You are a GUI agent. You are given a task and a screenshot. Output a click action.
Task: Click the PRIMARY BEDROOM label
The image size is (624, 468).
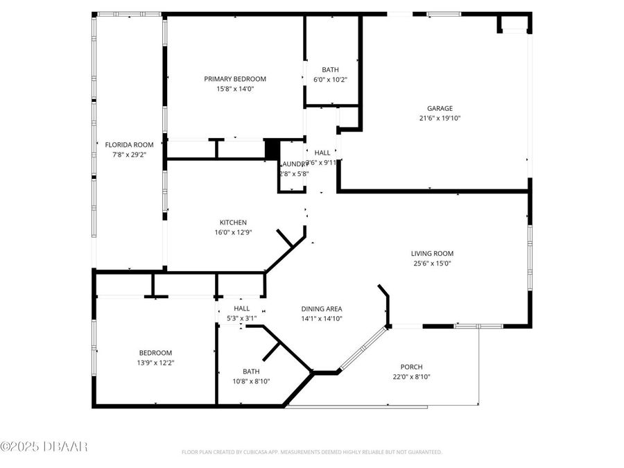235,79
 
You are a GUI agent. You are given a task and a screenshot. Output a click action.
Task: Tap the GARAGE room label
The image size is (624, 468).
440,108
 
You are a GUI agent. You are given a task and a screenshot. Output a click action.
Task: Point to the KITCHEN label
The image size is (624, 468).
233,223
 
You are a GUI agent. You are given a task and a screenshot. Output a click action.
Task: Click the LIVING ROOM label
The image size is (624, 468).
432,254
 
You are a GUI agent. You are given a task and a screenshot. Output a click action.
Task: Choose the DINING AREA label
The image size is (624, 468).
321,309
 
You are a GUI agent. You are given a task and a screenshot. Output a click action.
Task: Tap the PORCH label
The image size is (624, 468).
411,367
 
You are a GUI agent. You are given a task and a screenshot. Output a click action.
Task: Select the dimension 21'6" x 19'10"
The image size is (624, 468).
440,118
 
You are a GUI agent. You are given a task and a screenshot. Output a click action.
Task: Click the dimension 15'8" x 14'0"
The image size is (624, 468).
235,89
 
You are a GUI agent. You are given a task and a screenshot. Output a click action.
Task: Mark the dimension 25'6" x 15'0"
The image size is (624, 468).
432,263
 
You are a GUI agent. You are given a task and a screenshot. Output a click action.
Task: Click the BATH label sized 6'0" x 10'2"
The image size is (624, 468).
330,70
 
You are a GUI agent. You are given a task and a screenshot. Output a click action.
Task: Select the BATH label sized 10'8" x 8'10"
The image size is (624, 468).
251,372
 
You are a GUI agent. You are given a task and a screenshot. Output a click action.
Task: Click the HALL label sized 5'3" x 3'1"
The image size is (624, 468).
241,309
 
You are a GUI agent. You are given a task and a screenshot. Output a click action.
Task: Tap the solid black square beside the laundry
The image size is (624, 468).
272,149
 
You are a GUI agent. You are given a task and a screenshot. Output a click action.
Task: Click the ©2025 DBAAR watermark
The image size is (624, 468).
44,446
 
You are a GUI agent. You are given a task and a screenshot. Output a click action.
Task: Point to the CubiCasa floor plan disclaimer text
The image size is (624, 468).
311,452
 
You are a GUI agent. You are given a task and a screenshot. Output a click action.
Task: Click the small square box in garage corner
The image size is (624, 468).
513,24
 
